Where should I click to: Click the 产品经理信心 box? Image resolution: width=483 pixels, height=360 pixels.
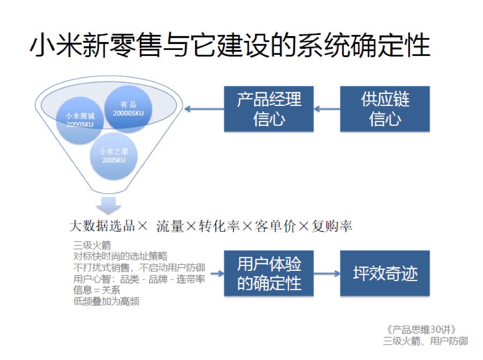pyautogui.click(x=269, y=109)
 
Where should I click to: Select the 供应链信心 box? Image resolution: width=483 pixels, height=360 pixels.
pyautogui.click(x=385, y=109)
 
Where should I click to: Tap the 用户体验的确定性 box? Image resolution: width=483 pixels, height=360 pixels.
pyautogui.click(x=269, y=273)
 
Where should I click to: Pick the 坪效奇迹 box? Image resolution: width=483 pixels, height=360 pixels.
pyautogui.click(x=385, y=273)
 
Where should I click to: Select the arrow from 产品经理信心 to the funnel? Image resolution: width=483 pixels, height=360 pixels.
pyautogui.click(x=204, y=110)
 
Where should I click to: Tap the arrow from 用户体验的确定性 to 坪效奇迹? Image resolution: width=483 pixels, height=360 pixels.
pyautogui.click(x=327, y=273)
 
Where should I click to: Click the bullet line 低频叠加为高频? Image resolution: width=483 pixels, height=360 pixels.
pyautogui.click(x=106, y=301)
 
